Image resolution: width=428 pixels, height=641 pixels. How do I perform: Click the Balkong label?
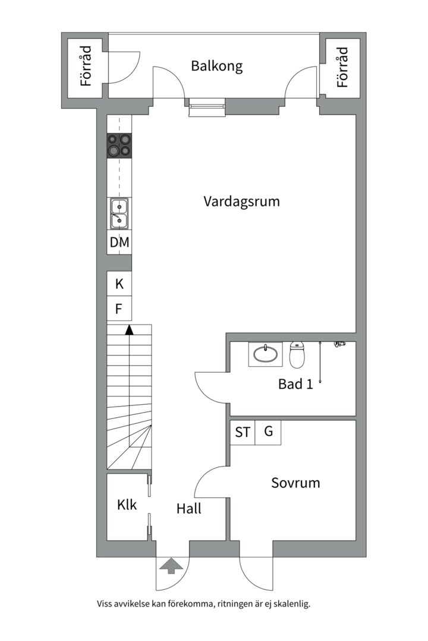click(216, 66)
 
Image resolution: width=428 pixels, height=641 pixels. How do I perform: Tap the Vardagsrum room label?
click(242, 202)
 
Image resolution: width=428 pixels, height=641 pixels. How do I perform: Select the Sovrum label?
click(295, 483)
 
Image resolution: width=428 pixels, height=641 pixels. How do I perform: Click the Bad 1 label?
click(295, 384)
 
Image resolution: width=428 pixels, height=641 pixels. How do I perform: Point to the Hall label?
click(189, 509)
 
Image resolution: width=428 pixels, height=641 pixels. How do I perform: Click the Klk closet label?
click(127, 504)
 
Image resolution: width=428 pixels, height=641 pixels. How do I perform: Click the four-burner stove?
click(119, 146)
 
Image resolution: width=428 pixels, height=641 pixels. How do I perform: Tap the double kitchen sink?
click(119, 214)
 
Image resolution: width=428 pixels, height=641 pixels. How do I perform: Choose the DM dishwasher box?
click(119, 242)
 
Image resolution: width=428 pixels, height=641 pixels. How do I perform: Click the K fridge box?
click(119, 283)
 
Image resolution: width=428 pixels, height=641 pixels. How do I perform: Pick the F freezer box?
click(119, 308)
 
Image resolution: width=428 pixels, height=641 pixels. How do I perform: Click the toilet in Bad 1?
click(297, 354)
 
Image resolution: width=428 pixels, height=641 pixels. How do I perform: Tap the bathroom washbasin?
click(265, 354)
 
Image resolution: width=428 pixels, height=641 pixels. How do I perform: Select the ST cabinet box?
click(243, 432)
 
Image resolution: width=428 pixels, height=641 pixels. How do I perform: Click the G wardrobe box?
click(268, 432)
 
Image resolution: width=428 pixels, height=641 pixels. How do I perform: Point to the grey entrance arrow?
click(172, 567)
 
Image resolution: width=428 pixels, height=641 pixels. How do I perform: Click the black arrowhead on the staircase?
click(130, 330)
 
